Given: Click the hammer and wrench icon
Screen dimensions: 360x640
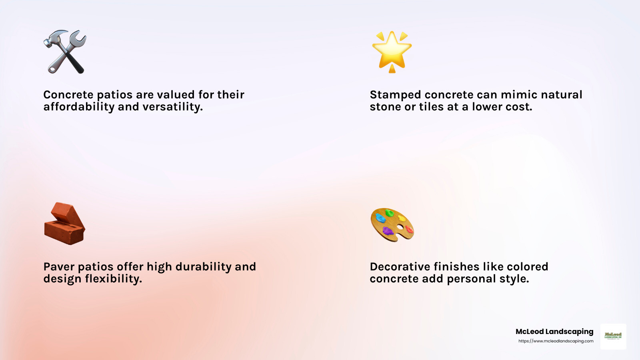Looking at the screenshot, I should click(x=65, y=52).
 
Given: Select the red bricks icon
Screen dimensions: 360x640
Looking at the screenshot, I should click(x=64, y=224).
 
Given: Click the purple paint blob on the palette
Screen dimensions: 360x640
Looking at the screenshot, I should click(x=388, y=231).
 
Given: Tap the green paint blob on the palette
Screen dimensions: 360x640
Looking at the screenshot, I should click(x=389, y=213).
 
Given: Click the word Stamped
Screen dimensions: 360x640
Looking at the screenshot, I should click(x=395, y=95).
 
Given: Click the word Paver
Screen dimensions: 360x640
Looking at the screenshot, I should click(x=59, y=267).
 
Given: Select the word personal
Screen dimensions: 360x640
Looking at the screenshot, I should click(x=471, y=279).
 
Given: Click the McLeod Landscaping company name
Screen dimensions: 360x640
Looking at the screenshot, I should click(x=554, y=332).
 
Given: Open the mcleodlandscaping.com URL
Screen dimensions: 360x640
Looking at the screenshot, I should click(x=556, y=341).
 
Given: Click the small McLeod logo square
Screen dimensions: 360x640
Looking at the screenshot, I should click(x=613, y=336).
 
